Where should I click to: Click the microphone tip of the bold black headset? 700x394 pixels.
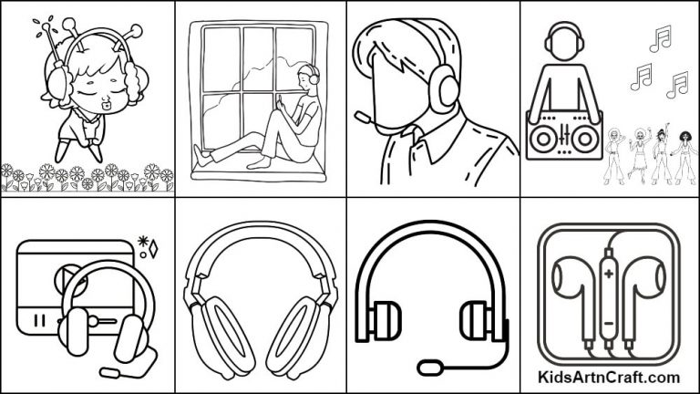[428, 368]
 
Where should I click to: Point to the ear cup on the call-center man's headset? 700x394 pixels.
[448, 88]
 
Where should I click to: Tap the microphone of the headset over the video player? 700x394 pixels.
[108, 371]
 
